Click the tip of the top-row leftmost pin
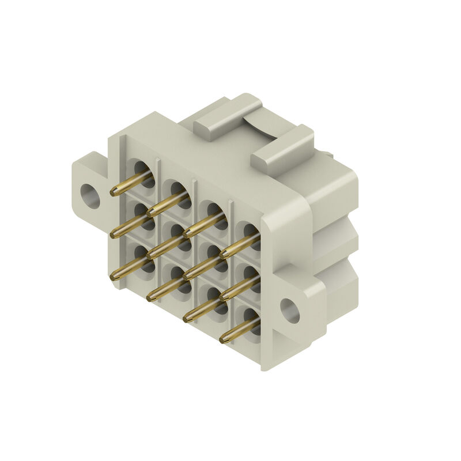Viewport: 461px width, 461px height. click(113, 193)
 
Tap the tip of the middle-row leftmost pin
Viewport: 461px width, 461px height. click(113, 234)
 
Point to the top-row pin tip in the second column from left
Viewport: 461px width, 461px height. click(150, 213)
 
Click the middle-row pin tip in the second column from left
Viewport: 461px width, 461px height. click(150, 255)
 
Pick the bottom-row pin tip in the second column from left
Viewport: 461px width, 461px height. click(150, 297)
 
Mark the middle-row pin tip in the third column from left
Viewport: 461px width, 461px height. click(187, 276)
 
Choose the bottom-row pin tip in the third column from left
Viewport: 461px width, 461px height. click(187, 319)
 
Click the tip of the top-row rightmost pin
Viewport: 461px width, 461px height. click(223, 255)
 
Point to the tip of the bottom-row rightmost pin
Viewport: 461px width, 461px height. click(223, 340)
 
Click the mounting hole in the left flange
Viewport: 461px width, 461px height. click(89, 195)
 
